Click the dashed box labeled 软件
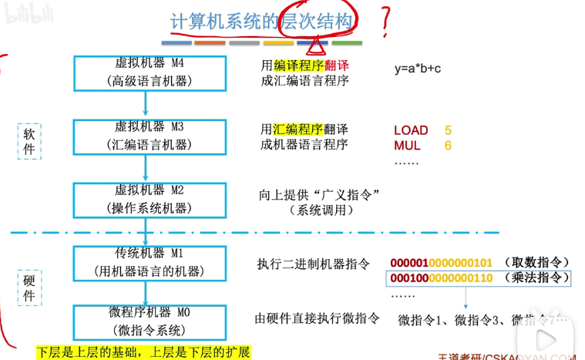[29, 141]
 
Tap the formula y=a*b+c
[417, 69]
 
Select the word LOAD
[411, 130]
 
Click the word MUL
[407, 145]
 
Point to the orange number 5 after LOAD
[448, 130]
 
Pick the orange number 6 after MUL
[448, 145]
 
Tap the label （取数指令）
[533, 263]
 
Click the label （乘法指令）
[533, 278]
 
